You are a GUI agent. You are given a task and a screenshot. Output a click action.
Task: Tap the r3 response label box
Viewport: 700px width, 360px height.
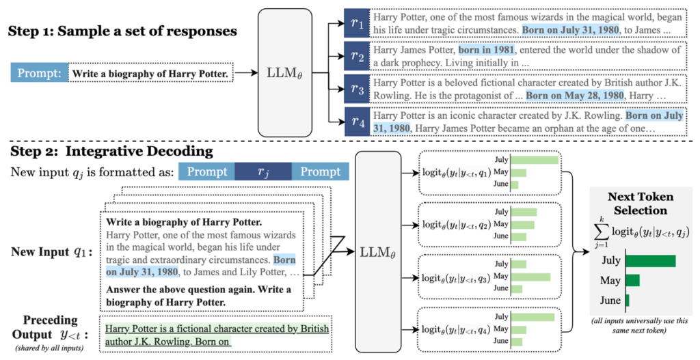tap(357, 89)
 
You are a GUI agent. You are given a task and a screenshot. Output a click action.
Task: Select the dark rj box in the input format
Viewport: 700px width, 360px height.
tap(262, 171)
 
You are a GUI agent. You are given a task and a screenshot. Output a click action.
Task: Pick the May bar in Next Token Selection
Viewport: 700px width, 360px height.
tap(632, 280)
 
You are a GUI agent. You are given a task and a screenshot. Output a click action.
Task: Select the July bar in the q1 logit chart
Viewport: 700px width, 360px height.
tap(535, 161)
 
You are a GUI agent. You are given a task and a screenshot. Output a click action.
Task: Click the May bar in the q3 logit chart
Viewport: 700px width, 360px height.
tap(530, 276)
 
